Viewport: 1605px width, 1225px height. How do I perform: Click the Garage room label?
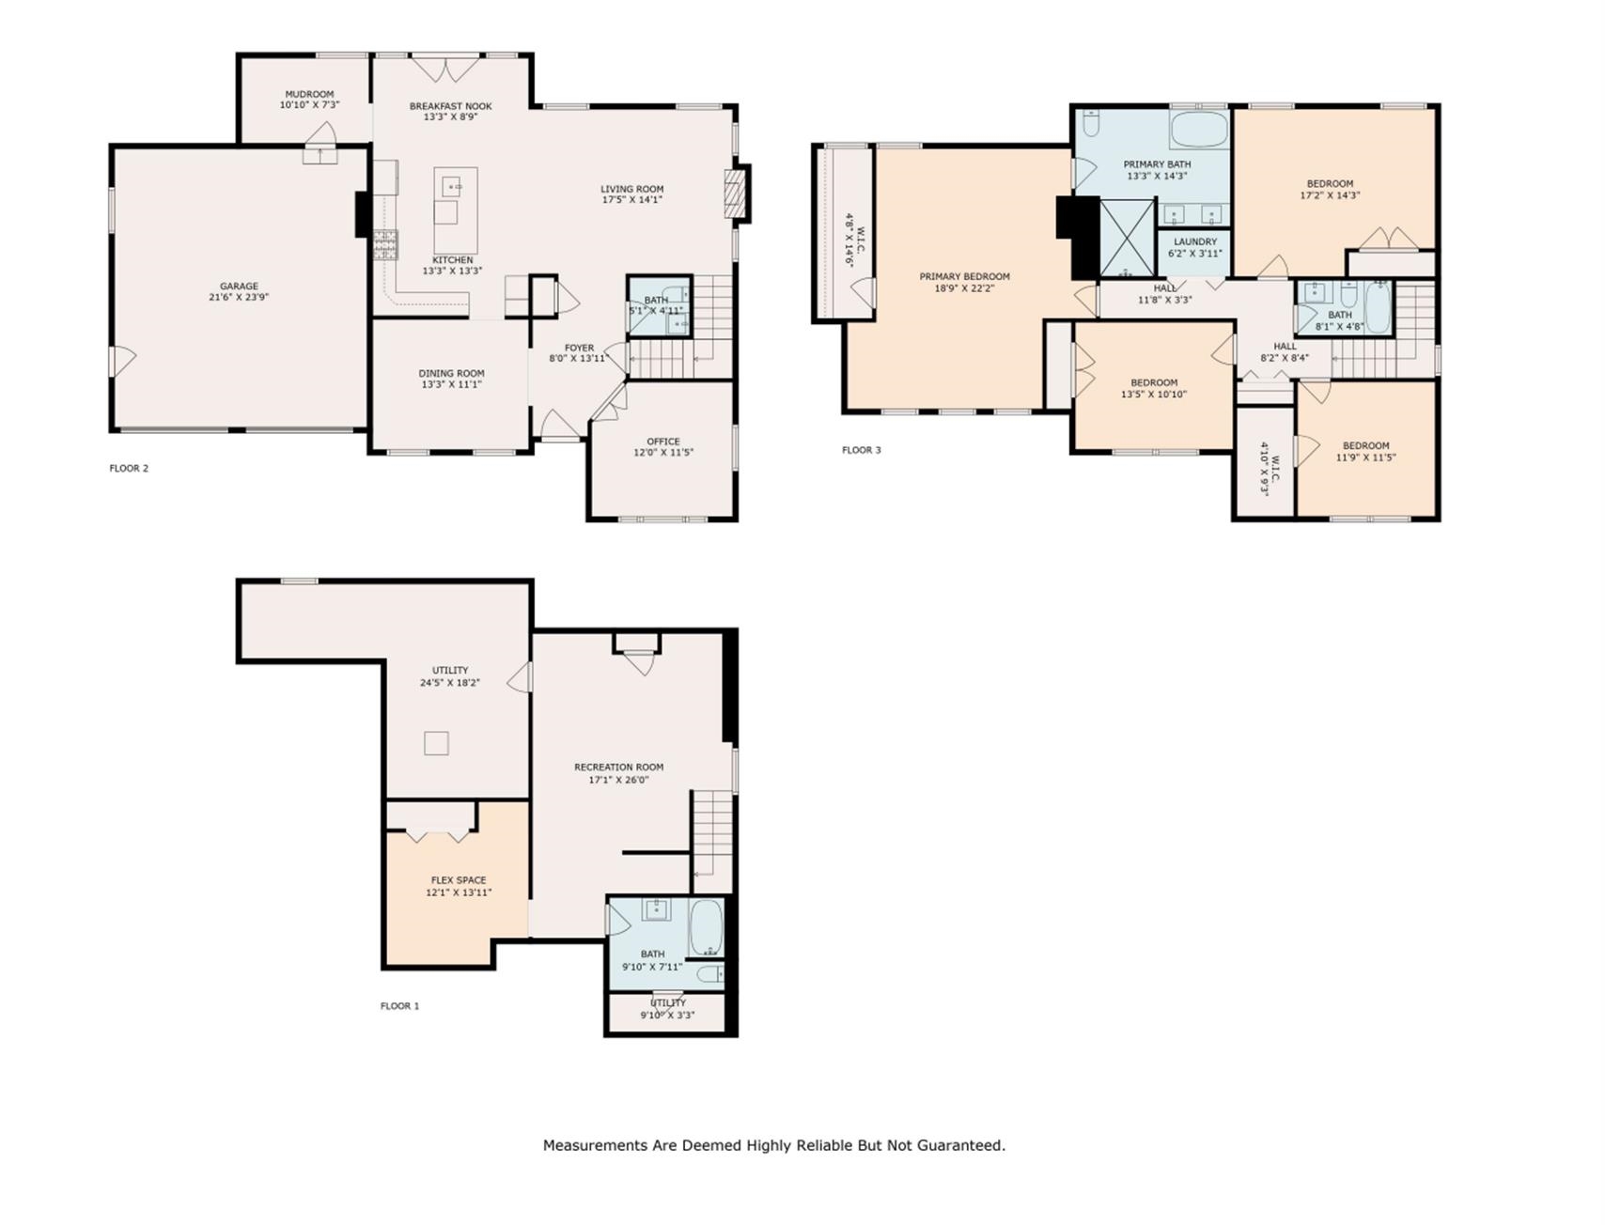(239, 287)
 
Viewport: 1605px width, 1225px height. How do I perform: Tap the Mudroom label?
(309, 94)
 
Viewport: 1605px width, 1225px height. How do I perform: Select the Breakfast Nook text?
(451, 106)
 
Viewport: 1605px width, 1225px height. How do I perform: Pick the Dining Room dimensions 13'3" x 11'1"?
(452, 384)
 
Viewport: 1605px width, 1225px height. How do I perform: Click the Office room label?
(663, 442)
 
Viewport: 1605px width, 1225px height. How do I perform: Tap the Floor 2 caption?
(129, 468)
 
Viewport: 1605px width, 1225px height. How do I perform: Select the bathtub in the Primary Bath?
(1199, 130)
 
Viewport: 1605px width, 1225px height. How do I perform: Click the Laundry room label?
(1195, 241)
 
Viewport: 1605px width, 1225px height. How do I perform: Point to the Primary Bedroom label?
(964, 276)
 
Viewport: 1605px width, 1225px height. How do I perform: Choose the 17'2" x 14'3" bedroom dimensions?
(1331, 195)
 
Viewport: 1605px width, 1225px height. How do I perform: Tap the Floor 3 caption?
(862, 450)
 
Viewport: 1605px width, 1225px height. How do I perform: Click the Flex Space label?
(459, 880)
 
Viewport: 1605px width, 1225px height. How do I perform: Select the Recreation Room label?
(619, 768)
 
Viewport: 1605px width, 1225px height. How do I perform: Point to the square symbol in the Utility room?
(436, 743)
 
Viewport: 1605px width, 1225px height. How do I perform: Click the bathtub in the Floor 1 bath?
(707, 928)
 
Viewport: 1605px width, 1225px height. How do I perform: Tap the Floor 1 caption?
(399, 1006)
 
